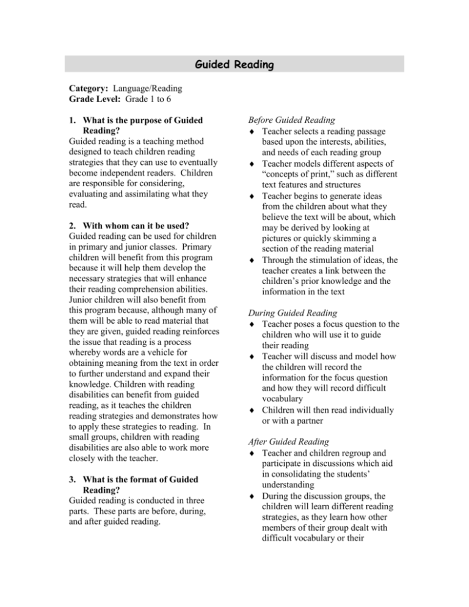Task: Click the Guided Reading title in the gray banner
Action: [x=234, y=64]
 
